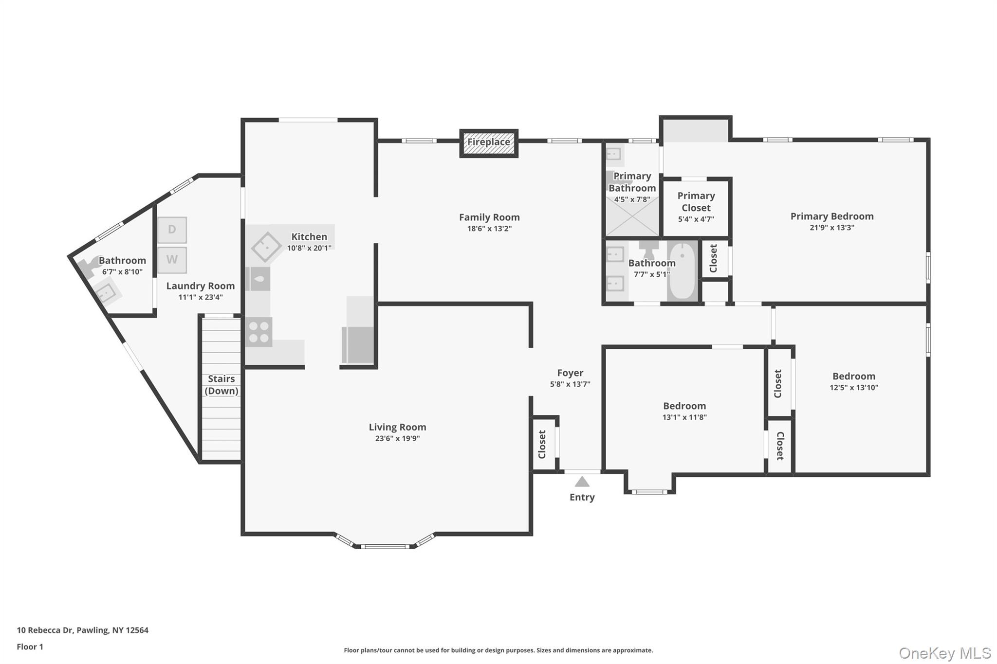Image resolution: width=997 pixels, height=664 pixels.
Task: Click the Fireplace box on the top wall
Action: click(x=489, y=143)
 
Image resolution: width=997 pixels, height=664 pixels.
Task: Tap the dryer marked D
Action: click(x=172, y=230)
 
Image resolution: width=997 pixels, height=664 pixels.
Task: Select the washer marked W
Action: click(x=172, y=260)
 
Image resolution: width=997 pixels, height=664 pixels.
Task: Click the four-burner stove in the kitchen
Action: click(x=258, y=332)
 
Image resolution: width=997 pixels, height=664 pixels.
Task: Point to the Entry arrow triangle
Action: click(x=582, y=482)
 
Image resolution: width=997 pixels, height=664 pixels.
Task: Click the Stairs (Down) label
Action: click(x=222, y=385)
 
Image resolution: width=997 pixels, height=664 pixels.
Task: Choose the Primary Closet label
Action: click(x=696, y=201)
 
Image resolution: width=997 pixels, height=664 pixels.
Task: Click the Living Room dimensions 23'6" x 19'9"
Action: click(x=397, y=438)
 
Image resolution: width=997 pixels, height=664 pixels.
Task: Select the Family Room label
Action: click(x=489, y=217)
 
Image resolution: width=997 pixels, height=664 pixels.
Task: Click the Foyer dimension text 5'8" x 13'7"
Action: click(x=570, y=384)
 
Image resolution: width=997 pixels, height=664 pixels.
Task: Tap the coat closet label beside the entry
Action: click(x=542, y=444)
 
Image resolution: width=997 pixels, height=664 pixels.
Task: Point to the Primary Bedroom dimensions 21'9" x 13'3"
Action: click(x=832, y=227)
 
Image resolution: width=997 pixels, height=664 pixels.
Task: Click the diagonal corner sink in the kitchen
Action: click(x=266, y=246)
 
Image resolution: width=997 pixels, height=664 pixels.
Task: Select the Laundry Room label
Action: click(x=201, y=286)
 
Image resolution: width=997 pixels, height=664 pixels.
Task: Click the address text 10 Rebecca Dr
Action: click(x=45, y=630)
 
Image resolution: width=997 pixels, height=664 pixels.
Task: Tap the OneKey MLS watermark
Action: click(x=945, y=653)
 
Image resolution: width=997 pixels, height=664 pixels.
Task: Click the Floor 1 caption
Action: click(x=30, y=646)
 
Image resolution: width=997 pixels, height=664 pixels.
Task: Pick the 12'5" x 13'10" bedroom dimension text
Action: click(x=854, y=387)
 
